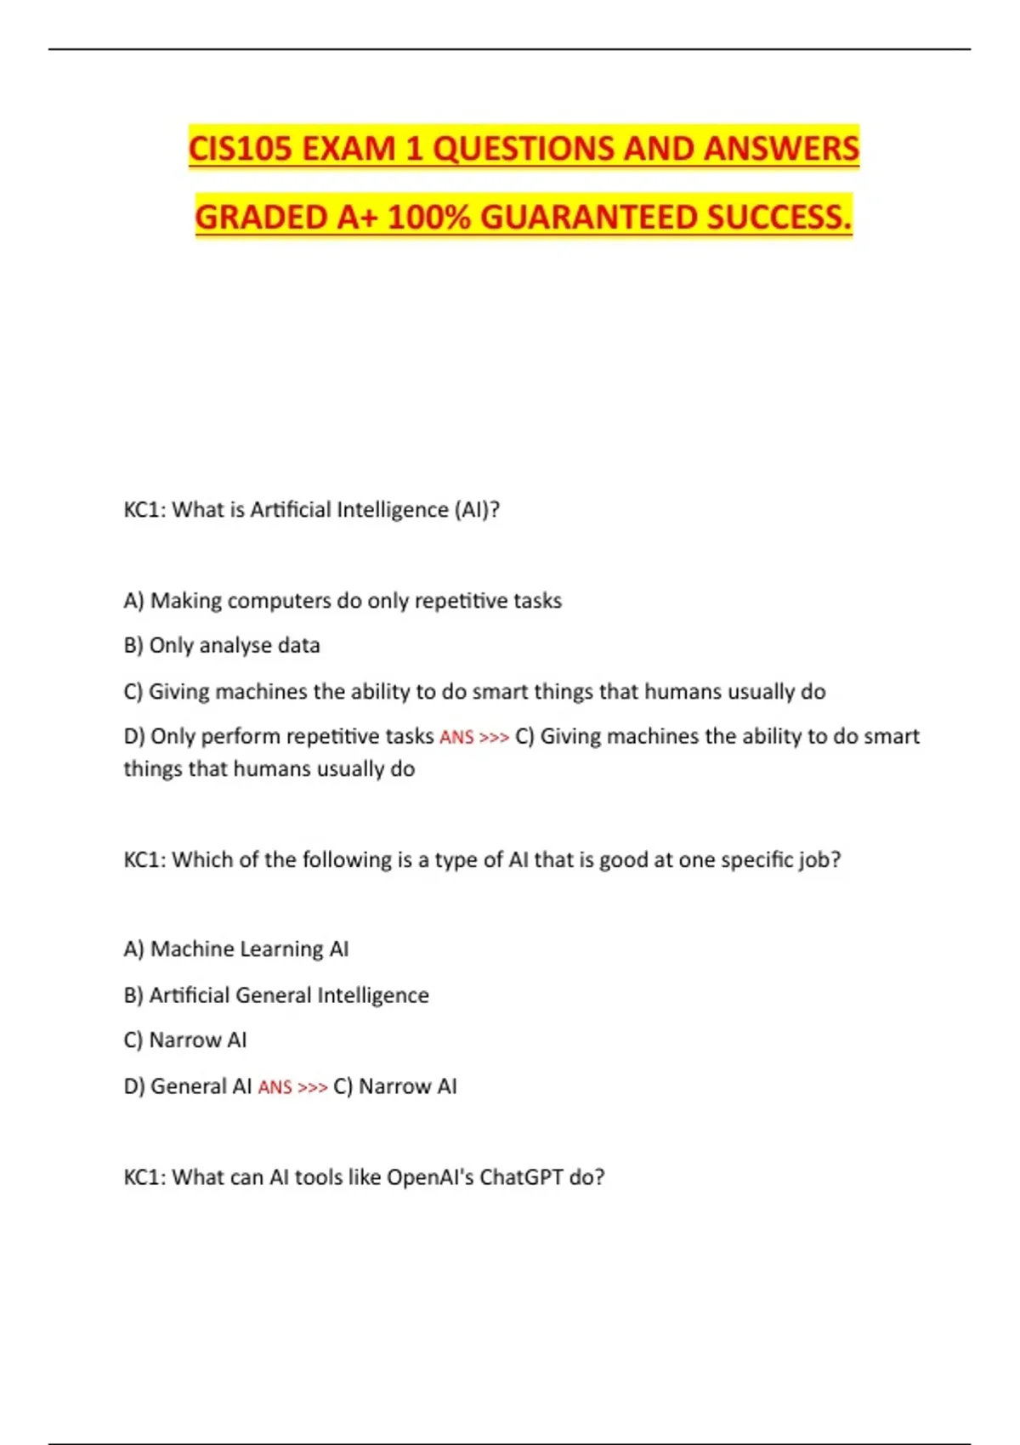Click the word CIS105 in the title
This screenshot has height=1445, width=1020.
coord(240,149)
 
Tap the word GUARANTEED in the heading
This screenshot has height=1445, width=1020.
coord(588,218)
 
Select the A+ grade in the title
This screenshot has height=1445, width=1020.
coord(357,218)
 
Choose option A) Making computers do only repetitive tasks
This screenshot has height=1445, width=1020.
coord(343,601)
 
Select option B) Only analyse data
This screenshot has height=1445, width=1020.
coord(222,646)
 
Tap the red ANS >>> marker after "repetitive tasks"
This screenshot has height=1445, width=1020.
coord(473,737)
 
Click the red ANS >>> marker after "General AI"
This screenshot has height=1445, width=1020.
coord(292,1087)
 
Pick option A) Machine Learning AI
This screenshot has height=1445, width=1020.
coord(236,949)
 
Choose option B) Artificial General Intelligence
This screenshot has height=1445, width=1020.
coord(276,995)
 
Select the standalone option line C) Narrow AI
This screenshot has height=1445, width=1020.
coord(185,1040)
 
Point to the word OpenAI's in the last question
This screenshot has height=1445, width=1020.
coord(429,1177)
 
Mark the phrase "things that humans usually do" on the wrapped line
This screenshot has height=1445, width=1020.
coord(269,769)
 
